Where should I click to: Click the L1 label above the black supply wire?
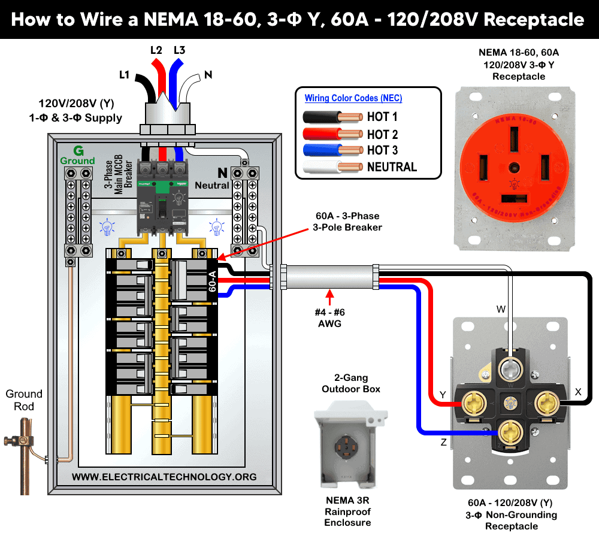[125, 75]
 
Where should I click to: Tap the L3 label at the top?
[179, 50]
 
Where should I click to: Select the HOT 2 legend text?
[382, 135]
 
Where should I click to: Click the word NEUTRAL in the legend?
[392, 167]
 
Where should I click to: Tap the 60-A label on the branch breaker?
[212, 280]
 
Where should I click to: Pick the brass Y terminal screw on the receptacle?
[469, 402]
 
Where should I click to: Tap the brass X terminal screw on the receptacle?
[547, 401]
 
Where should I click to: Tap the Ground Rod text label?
[24, 400]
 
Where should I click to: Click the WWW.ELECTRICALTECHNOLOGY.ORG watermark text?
[164, 477]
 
